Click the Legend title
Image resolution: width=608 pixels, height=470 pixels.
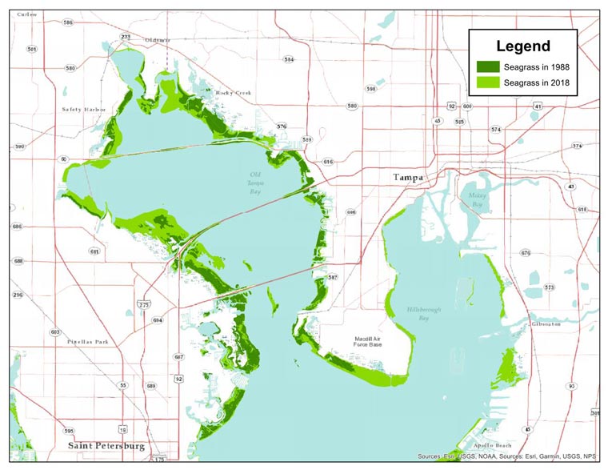point(522,46)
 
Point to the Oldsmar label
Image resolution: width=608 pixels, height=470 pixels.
point(157,39)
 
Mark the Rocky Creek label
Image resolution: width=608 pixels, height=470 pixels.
point(234,93)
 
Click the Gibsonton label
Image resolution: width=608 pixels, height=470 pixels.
point(545,324)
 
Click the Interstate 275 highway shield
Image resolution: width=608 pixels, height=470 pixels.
point(144,304)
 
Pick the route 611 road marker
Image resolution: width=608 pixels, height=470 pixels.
point(95,251)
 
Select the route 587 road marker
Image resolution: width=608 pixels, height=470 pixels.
point(333,277)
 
